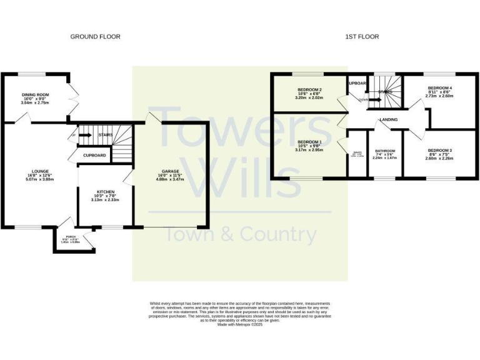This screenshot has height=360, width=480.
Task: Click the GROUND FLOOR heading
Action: pos(95,37)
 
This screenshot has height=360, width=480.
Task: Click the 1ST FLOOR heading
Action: pos(362,37)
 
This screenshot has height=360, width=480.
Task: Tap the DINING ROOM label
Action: pos(36,94)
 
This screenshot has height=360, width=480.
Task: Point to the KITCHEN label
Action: pos(105,191)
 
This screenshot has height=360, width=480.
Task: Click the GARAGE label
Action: pos(171,171)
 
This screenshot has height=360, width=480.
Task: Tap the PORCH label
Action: pos(71,237)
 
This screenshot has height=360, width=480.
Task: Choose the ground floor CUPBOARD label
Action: pos(94,154)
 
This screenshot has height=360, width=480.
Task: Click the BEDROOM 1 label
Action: pos(309,142)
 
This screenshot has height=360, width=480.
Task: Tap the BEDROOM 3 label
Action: pos(439,151)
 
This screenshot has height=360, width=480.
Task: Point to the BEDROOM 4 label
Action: pos(439,87)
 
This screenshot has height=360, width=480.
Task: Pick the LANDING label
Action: pos(388,119)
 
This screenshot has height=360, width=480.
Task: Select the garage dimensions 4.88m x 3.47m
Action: pos(171,180)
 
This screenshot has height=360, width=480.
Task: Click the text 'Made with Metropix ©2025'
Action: pos(240,324)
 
